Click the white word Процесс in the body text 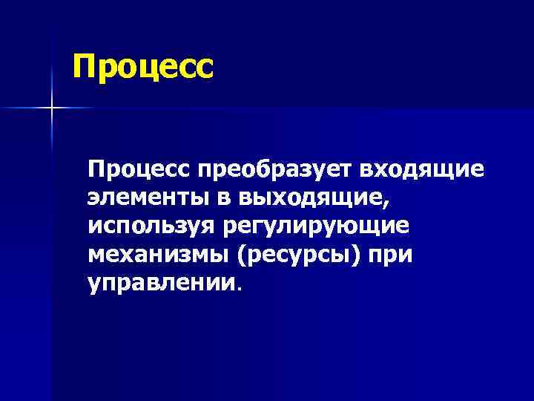point(139,170)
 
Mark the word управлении point(161,282)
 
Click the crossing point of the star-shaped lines point(53,108)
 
